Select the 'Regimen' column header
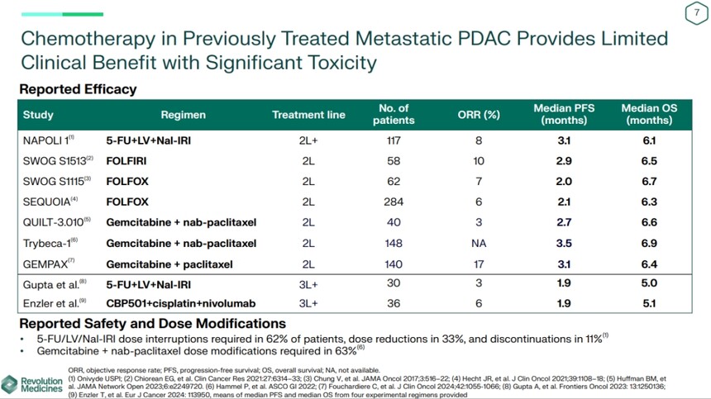click(183, 115)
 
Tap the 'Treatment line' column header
click(308, 115)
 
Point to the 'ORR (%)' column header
click(479, 115)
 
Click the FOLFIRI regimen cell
click(128, 160)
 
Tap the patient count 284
click(394, 201)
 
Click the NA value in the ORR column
click(479, 243)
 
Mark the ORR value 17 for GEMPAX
click(479, 264)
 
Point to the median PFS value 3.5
click(565, 243)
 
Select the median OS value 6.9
click(649, 243)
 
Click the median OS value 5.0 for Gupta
click(649, 283)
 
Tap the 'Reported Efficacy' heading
click(78, 89)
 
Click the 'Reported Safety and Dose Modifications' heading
click(152, 323)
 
